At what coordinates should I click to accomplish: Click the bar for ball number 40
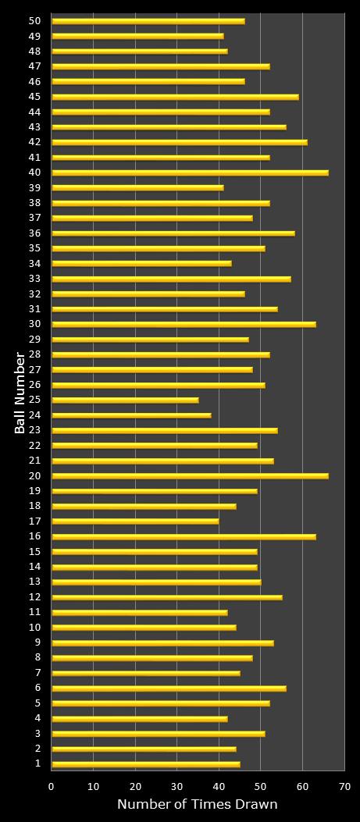[190, 173]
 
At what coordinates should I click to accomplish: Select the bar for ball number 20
[190, 475]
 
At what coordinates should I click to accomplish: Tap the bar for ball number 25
[125, 400]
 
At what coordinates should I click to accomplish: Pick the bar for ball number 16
[184, 536]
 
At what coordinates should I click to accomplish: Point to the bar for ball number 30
[184, 324]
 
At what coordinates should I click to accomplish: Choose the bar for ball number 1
[146, 763]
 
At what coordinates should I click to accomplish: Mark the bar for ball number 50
[148, 21]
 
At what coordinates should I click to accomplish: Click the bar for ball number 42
[180, 142]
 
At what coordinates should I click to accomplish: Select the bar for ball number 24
[131, 415]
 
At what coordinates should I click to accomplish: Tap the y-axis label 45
[34, 97]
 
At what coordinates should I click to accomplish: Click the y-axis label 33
[34, 279]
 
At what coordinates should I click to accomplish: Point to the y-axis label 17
[34, 521]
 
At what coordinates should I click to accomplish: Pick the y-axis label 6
[37, 688]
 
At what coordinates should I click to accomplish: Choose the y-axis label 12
[34, 597]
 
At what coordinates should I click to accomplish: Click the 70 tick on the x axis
[344, 787]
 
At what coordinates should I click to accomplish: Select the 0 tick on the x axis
[52, 787]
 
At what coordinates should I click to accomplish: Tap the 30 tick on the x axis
[177, 787]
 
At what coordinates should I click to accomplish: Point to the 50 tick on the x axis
[261, 787]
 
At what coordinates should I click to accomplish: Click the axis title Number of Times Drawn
[197, 805]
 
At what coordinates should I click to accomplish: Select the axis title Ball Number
[20, 393]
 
